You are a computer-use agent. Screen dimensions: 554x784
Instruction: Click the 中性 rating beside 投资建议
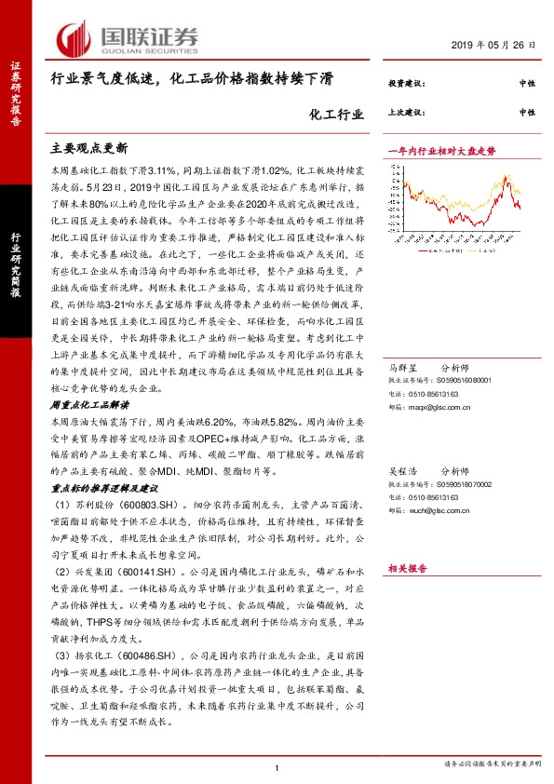527,84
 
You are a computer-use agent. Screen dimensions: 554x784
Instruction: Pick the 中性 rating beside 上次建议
527,112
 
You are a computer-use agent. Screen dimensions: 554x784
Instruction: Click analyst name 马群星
403,343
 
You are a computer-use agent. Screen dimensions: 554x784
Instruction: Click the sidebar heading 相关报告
406,566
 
